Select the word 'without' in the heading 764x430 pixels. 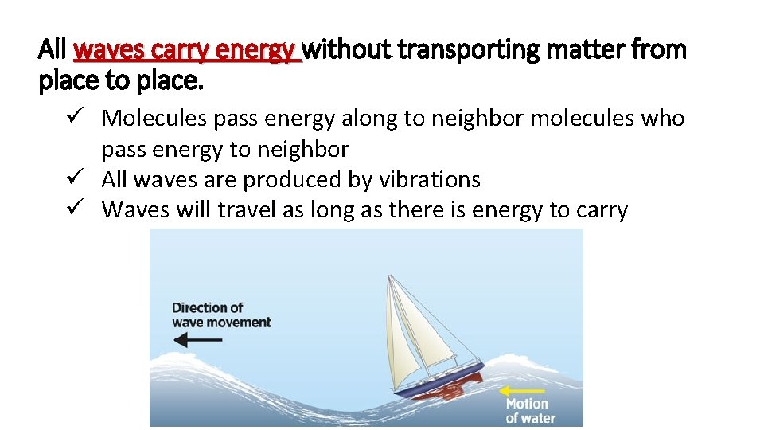click(347, 50)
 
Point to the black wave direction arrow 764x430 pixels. click(198, 340)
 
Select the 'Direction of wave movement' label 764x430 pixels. click(221, 315)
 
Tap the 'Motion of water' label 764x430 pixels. click(531, 411)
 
